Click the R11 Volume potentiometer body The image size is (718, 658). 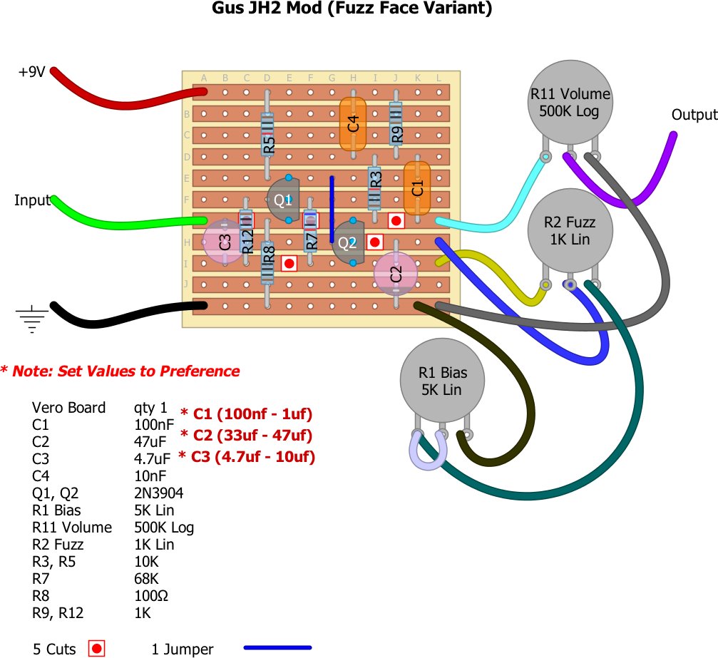pos(570,103)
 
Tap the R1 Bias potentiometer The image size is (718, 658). pos(442,381)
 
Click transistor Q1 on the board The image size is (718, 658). pos(283,200)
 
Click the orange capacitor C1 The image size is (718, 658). pos(417,188)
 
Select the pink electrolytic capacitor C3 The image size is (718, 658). pos(224,242)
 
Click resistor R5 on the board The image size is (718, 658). pos(267,134)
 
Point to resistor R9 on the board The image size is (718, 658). pos(396,123)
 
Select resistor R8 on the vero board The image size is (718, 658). pos(267,262)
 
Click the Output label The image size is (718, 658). pos(694,115)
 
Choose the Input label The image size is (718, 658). pos(32,201)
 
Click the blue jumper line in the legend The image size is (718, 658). pos(277,648)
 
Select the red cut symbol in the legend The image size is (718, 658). pos(97,648)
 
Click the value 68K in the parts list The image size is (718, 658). pos(147,579)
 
